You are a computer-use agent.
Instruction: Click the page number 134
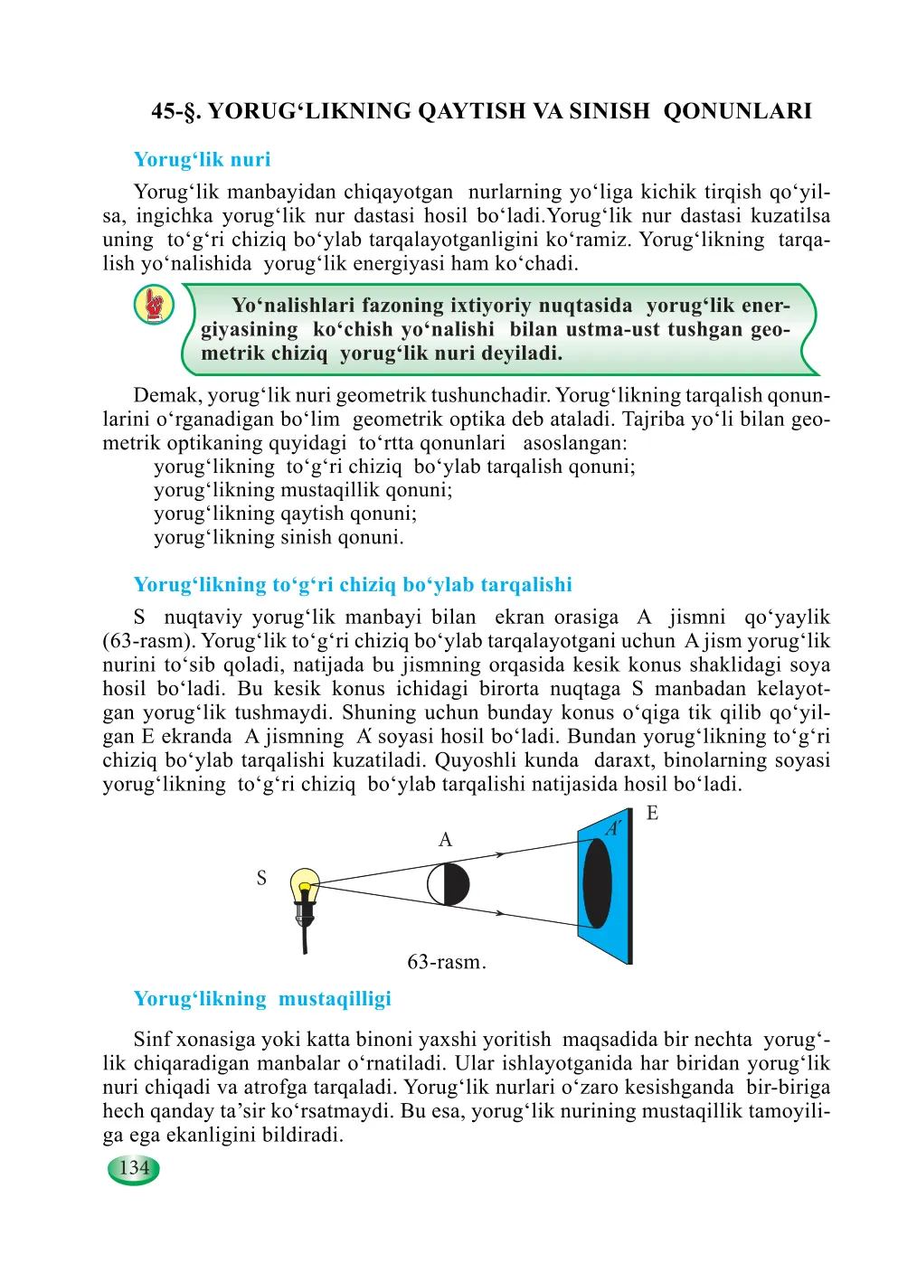pyautogui.click(x=134, y=1168)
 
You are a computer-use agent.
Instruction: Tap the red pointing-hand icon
pyautogui.click(x=155, y=305)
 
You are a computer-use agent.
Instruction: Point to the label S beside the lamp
pyautogui.click(x=261, y=878)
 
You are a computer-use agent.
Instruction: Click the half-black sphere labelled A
pyautogui.click(x=449, y=884)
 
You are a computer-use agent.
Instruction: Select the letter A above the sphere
pyautogui.click(x=445, y=840)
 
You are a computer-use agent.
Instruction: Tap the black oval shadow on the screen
pyautogui.click(x=597, y=883)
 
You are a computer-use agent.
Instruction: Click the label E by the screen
pyautogui.click(x=652, y=814)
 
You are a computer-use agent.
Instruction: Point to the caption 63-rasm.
pyautogui.click(x=446, y=962)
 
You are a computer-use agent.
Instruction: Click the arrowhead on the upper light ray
pyautogui.click(x=498, y=853)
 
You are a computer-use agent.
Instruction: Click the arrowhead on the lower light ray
pyautogui.click(x=499, y=913)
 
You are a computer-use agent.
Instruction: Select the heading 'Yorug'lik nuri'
pyautogui.click(x=202, y=160)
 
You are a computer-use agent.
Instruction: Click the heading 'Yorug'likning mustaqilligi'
pyautogui.click(x=262, y=999)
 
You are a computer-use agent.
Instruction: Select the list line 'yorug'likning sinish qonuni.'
pyautogui.click(x=279, y=537)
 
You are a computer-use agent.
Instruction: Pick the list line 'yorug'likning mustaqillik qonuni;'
pyautogui.click(x=303, y=490)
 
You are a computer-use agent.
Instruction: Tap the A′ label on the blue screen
pyautogui.click(x=613, y=827)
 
